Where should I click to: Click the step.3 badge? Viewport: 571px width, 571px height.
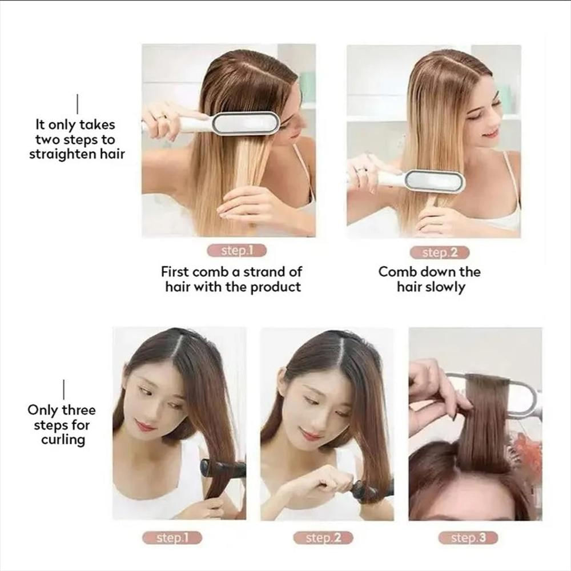pos(468,537)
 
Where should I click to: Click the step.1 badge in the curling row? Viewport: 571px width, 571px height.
pos(171,537)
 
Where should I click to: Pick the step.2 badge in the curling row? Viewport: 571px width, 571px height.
pos(323,537)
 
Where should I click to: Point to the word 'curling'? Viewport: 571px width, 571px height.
pos(63,440)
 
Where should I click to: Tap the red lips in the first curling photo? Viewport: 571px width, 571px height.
pos(146,426)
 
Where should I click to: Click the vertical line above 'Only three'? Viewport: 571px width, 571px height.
pos(63,389)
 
